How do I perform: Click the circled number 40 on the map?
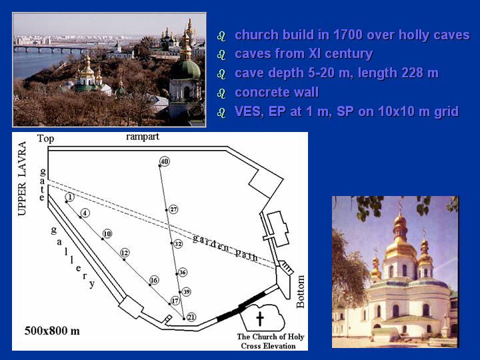point(165,161)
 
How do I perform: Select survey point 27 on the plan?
point(173,209)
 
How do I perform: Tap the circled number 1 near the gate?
point(70,197)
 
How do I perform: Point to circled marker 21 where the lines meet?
point(191,317)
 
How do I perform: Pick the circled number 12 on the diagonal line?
point(124,253)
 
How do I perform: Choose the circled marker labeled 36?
point(183,272)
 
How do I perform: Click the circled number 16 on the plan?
point(154,280)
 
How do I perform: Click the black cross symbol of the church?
point(260,319)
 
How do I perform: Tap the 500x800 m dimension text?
point(52,331)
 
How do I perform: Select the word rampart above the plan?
point(143,137)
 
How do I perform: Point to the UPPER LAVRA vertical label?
point(22,179)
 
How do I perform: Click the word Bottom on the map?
point(300,292)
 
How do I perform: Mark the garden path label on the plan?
point(225,247)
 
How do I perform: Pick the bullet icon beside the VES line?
point(221,112)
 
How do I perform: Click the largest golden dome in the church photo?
point(400,249)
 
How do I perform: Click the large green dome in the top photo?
point(185,69)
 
